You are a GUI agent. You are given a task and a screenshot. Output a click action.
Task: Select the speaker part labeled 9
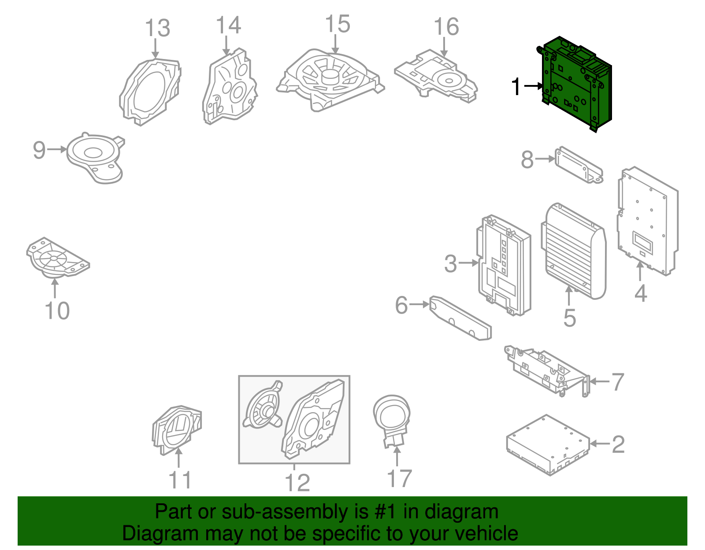(96, 158)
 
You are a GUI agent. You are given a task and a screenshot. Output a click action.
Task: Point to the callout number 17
(399, 478)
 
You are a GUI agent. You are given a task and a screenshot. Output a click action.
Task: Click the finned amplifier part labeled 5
(573, 251)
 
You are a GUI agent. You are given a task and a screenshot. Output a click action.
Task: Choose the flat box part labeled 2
(548, 445)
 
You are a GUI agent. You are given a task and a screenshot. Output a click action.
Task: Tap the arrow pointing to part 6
(419, 305)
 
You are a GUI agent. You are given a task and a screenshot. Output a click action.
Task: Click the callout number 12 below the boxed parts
(297, 483)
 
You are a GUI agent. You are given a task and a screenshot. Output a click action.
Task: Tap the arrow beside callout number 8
(545, 159)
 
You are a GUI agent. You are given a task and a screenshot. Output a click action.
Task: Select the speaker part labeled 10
(58, 258)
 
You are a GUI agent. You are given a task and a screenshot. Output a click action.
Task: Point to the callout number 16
(446, 26)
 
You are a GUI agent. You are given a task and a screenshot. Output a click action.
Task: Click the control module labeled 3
(504, 265)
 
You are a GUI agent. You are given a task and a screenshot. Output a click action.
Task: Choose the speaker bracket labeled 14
(230, 87)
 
